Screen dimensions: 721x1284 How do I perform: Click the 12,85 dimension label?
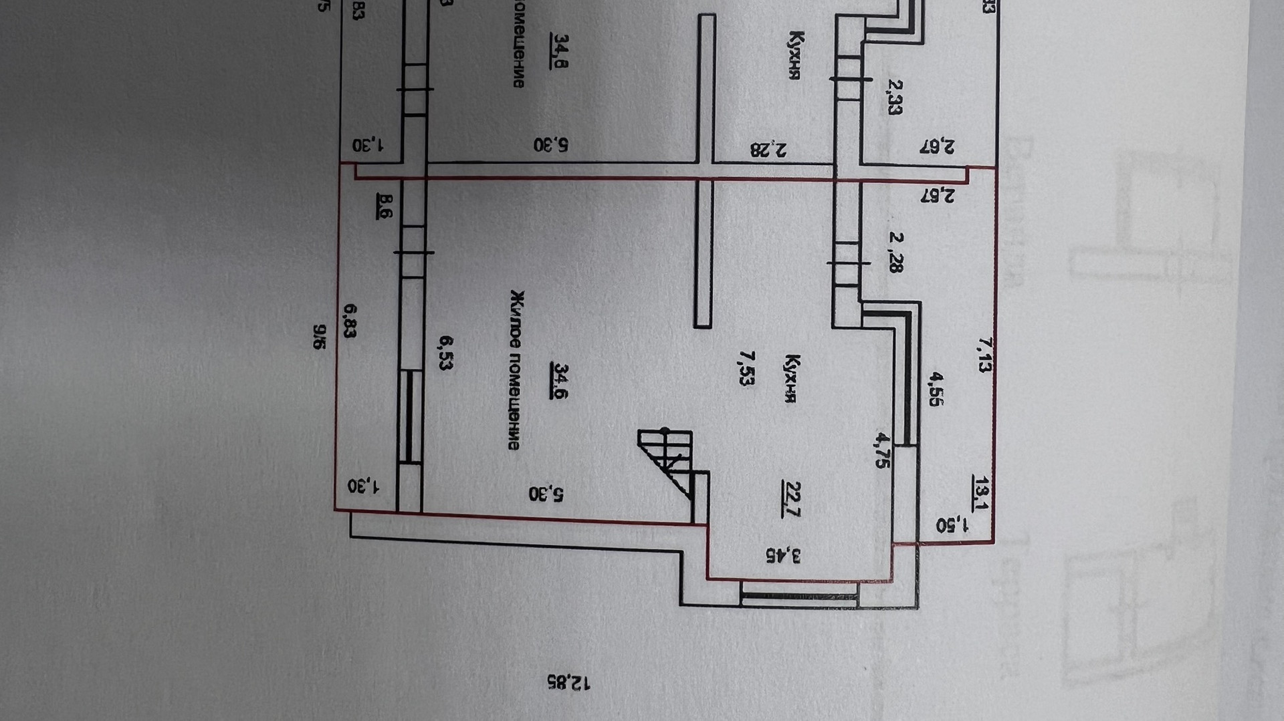click(568, 682)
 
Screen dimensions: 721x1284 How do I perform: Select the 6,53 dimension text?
click(445, 353)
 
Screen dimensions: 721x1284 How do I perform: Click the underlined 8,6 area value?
click(386, 204)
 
